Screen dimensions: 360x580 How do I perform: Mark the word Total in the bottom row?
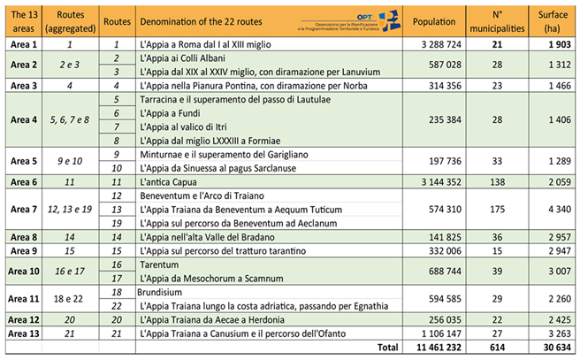tap(387, 349)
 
